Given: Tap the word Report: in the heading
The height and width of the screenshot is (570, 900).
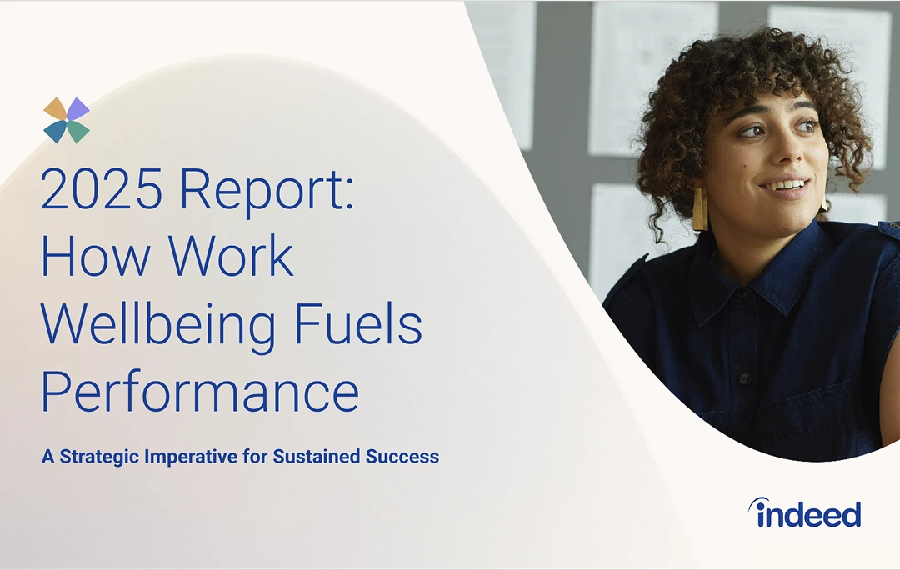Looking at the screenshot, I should [x=266, y=191].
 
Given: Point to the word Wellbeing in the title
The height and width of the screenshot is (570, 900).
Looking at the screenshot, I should [x=158, y=326].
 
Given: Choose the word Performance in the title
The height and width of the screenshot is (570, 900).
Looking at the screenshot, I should [x=200, y=393].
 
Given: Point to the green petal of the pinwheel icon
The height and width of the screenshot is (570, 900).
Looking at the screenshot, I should [x=78, y=132].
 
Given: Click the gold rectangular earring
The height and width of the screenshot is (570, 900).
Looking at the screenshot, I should [x=700, y=209].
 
